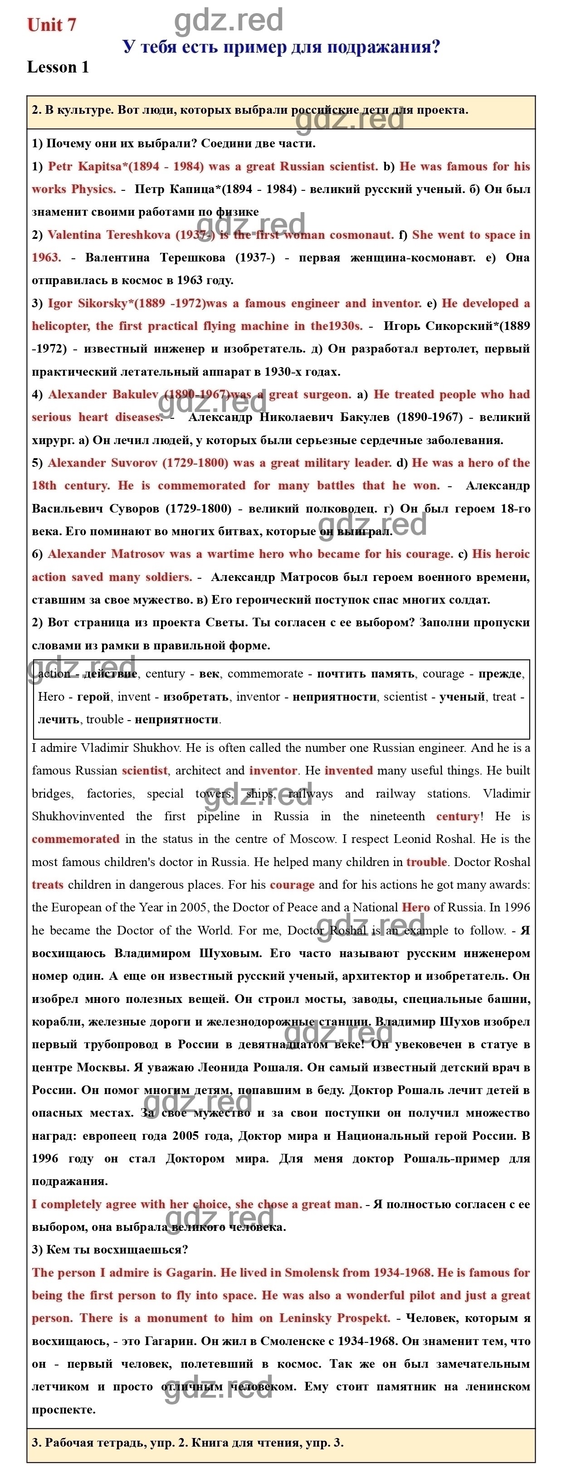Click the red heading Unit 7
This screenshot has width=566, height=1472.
click(x=51, y=25)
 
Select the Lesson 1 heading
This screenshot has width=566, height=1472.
click(x=58, y=68)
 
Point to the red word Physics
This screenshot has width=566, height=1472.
click(x=94, y=189)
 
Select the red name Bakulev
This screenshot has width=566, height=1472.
click(x=135, y=394)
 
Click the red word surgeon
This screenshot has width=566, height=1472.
click(x=327, y=394)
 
